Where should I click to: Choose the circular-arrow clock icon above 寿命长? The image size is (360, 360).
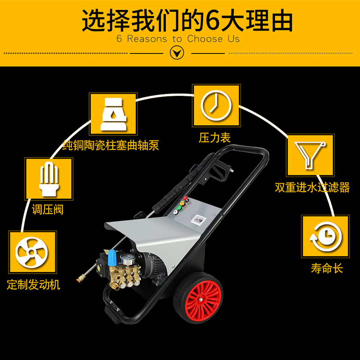(325, 238)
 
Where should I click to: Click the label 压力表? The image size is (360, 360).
(215, 138)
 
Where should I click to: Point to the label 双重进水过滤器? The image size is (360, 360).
(312, 187)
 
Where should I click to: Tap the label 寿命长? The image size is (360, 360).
(327, 268)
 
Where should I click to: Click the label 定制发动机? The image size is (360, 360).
(34, 285)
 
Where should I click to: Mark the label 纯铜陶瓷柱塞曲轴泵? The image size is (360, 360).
(111, 146)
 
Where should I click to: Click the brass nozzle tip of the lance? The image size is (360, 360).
(81, 279)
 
